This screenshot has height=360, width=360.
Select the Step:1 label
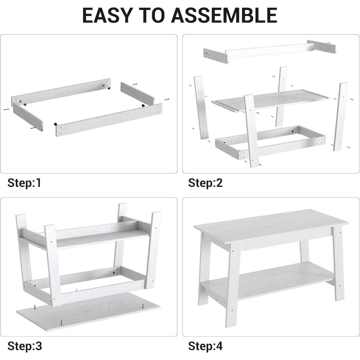[x=24, y=183]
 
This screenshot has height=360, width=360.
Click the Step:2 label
[x=205, y=183]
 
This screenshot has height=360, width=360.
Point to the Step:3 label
[x=24, y=346]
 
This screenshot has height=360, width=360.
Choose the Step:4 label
[x=205, y=346]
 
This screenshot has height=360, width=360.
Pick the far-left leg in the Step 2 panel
[x=201, y=108]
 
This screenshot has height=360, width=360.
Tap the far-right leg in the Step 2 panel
[x=341, y=116]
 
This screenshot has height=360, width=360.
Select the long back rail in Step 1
[x=61, y=92]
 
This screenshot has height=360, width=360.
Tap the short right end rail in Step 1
[x=137, y=92]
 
